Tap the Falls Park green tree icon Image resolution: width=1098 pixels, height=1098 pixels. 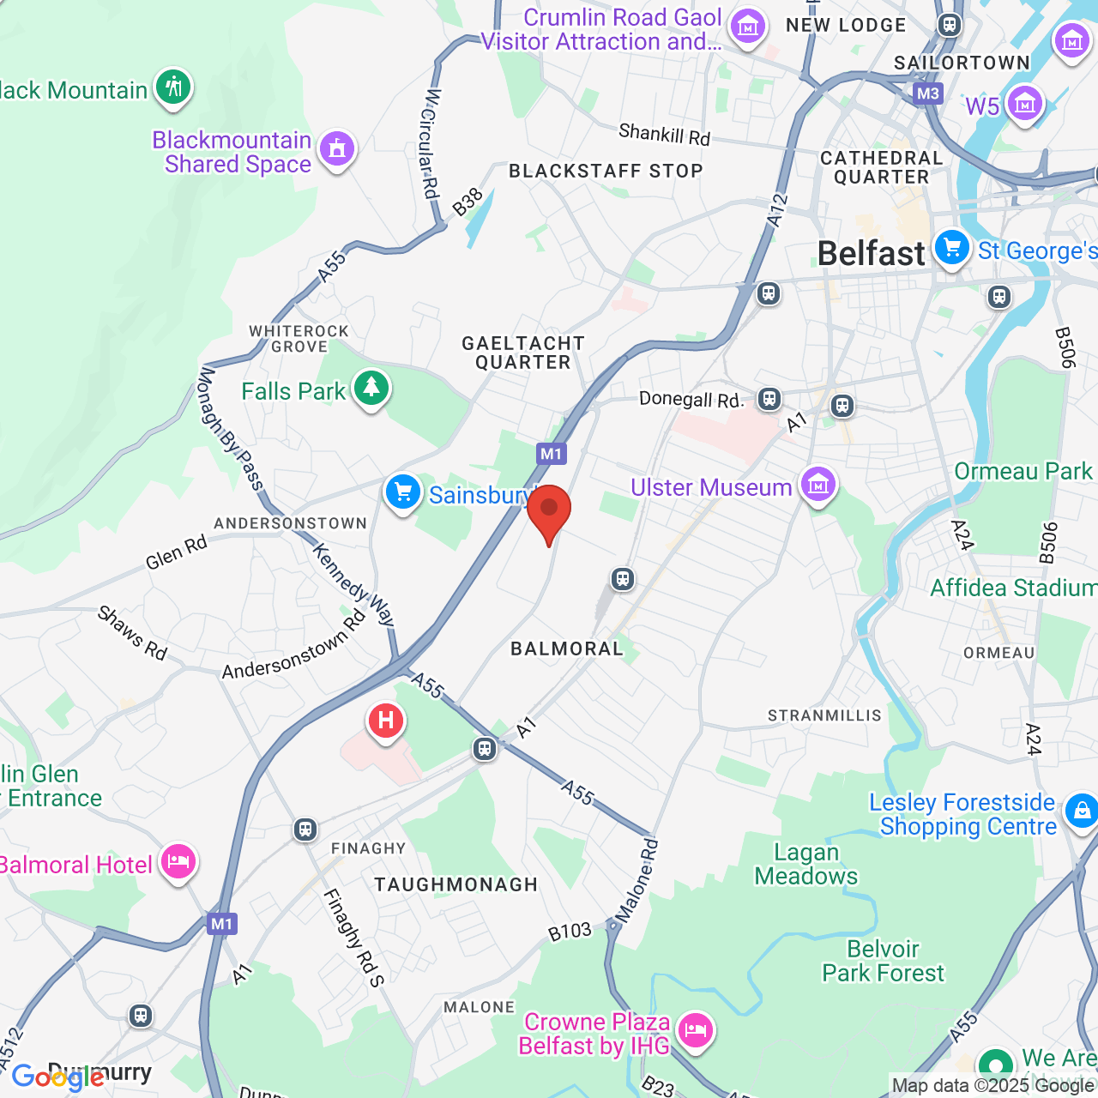click(x=371, y=389)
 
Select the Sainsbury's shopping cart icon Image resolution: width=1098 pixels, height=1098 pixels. click(x=402, y=493)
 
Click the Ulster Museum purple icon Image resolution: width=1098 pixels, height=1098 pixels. click(x=817, y=486)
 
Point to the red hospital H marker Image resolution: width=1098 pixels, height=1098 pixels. click(x=386, y=721)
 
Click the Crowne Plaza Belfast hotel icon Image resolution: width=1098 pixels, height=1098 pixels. click(x=695, y=1029)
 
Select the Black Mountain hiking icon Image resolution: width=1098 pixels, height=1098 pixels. click(x=173, y=87)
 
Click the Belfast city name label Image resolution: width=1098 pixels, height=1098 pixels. click(x=871, y=254)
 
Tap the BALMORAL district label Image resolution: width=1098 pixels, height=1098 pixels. click(x=567, y=649)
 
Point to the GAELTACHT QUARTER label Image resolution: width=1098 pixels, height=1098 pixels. click(x=523, y=353)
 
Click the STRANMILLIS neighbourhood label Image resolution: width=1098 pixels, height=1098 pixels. click(x=824, y=715)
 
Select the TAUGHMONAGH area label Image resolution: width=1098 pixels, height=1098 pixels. click(x=455, y=884)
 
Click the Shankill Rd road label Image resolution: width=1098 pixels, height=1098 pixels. click(x=665, y=134)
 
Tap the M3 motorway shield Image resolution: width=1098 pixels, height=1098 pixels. click(x=927, y=94)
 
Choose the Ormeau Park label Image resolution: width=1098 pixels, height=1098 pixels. click(x=1023, y=471)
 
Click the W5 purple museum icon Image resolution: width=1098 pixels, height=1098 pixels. click(x=1024, y=104)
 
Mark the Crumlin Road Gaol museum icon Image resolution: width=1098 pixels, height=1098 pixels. click(x=747, y=27)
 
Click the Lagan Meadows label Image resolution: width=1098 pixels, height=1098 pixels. click(x=806, y=864)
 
